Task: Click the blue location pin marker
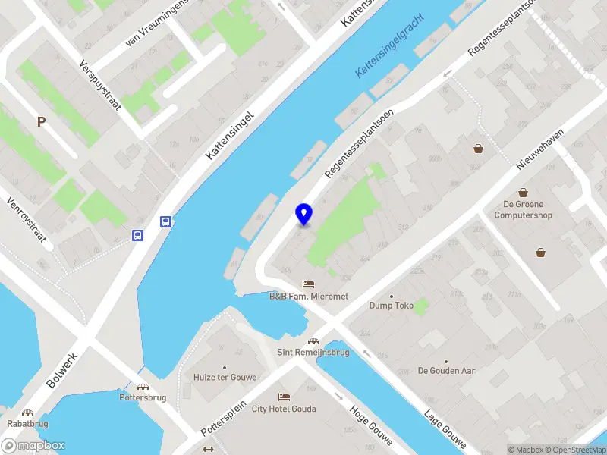tap(303, 214)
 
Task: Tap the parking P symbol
tap(42, 121)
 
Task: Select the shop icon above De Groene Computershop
tap(523, 193)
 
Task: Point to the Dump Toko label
tap(390, 306)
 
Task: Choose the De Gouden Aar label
tap(446, 371)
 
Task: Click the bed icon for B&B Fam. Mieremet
tap(308, 284)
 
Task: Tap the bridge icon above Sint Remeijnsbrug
tap(313, 340)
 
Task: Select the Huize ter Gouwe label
tap(225, 377)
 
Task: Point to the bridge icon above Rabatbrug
tap(27, 413)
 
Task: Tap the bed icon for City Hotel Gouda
tap(284, 397)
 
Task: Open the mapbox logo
tap(33, 446)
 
